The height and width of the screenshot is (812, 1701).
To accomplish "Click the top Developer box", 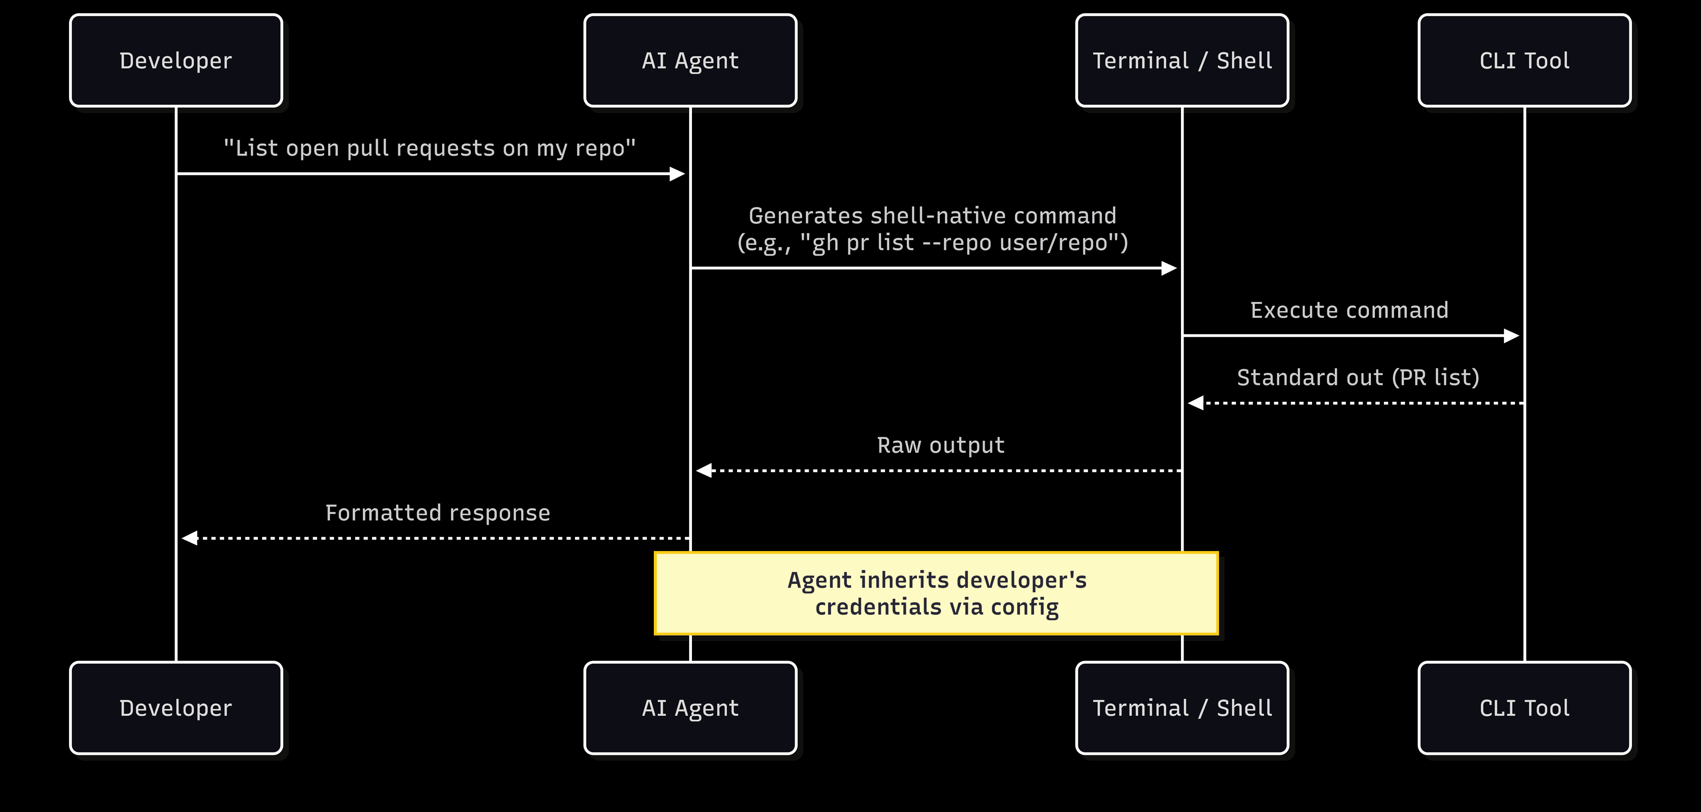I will pyautogui.click(x=176, y=60).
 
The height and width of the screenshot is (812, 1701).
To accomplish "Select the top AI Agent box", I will pyautogui.click(x=690, y=60).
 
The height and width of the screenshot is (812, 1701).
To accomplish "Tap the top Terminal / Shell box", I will pyautogui.click(x=1182, y=60).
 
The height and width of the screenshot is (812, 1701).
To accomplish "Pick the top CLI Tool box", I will pyautogui.click(x=1524, y=60).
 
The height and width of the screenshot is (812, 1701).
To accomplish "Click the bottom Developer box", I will pyautogui.click(x=176, y=708).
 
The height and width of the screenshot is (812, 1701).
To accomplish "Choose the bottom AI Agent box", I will pyautogui.click(x=690, y=708).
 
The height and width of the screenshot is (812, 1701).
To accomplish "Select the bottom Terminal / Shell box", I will pyautogui.click(x=1182, y=708).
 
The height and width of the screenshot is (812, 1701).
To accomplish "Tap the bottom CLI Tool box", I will pyautogui.click(x=1524, y=708).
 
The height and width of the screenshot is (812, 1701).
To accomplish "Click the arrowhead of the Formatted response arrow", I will pyautogui.click(x=190, y=538).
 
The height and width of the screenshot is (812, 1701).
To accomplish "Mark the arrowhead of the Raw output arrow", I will pyautogui.click(x=704, y=471).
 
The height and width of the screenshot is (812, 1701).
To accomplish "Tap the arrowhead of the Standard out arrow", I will pyautogui.click(x=1195, y=403).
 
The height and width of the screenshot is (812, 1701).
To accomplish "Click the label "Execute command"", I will pyautogui.click(x=1349, y=310).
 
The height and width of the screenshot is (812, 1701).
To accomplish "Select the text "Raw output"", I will pyautogui.click(x=940, y=446).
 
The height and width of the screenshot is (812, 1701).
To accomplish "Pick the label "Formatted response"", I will pyautogui.click(x=437, y=513).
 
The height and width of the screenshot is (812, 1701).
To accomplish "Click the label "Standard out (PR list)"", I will pyautogui.click(x=1358, y=377).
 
